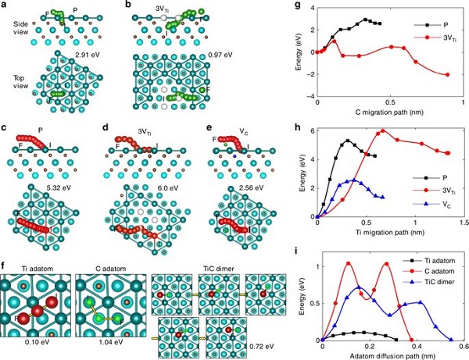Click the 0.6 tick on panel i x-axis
point(458,347)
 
